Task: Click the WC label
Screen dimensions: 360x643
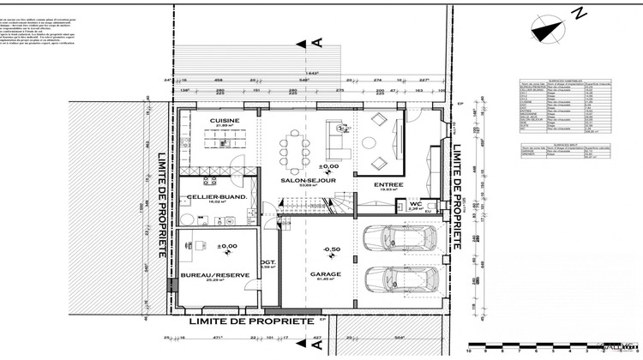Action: click(x=414, y=203)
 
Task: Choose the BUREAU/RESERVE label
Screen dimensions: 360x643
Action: click(x=214, y=275)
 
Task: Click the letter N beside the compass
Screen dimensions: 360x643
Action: click(x=579, y=13)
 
